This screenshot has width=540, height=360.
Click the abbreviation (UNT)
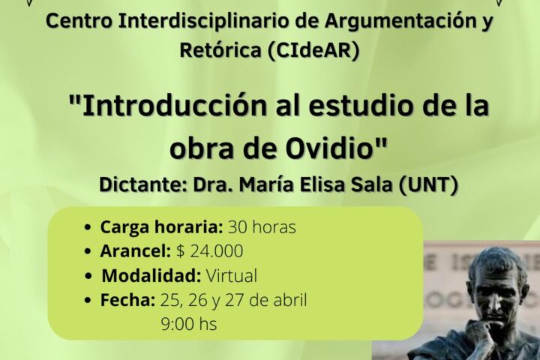[428, 185]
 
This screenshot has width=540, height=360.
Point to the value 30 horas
[262, 227]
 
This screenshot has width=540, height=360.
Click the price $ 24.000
[209, 251]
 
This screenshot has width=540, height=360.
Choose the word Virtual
[232, 276]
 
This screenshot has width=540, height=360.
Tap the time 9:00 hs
[189, 324]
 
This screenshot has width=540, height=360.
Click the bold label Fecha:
[127, 300]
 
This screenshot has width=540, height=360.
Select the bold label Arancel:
[135, 251]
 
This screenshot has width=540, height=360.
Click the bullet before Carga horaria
[88, 228]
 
